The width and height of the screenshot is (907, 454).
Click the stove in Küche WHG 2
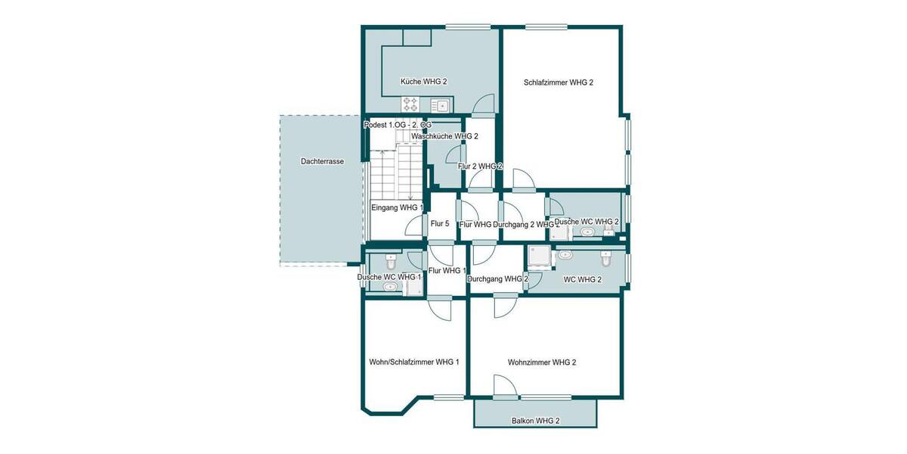pyautogui.click(x=410, y=104)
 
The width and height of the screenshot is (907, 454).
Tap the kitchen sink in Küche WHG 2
pyautogui.click(x=441, y=104)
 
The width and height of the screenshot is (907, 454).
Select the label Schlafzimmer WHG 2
pyautogui.click(x=558, y=82)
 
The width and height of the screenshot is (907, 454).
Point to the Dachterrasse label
pyautogui.click(x=322, y=161)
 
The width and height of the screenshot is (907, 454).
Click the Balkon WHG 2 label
pyautogui.click(x=535, y=420)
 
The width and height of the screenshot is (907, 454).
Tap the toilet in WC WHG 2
pyautogui.click(x=605, y=259)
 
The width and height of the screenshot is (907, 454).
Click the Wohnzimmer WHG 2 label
pyautogui.click(x=542, y=362)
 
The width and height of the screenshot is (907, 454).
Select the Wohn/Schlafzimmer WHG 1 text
pyautogui.click(x=414, y=362)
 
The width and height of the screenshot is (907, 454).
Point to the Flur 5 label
pyautogui.click(x=440, y=223)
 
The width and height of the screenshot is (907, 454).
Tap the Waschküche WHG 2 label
pyautogui.click(x=444, y=136)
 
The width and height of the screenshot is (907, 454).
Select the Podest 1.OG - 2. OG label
pyautogui.click(x=398, y=124)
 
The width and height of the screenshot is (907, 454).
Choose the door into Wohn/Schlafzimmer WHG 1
pyautogui.click(x=439, y=309)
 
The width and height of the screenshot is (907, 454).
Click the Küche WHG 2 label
pyautogui.click(x=424, y=82)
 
